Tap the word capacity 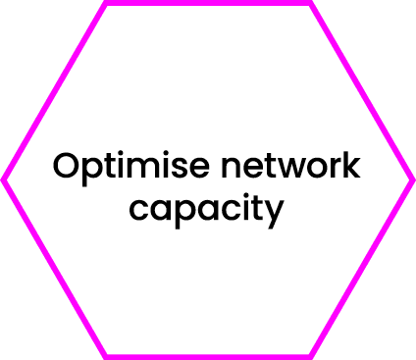[x=207, y=209]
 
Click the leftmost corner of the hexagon [x=4, y=180]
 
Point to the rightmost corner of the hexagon [x=412, y=180]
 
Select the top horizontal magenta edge [x=208, y=3]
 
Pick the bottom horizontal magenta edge [x=208, y=356]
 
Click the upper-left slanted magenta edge [x=55, y=91]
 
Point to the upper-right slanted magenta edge [x=361, y=91]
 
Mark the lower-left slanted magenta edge [x=55, y=268]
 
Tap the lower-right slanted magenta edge [x=361, y=268]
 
